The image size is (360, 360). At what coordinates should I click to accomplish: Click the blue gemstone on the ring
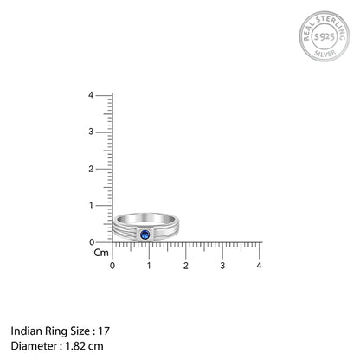[x=145, y=234]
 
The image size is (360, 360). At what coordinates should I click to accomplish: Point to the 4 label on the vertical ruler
[x=103, y=95]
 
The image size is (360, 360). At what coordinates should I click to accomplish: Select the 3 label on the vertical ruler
[x=103, y=132]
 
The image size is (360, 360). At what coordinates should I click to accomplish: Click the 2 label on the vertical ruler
[x=103, y=169]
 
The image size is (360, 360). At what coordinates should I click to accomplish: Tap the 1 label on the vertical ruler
[x=103, y=205]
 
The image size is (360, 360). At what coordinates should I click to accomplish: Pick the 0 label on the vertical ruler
[x=103, y=242]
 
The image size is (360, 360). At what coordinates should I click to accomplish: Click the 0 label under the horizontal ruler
[x=112, y=265]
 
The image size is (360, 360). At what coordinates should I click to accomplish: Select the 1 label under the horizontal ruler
[x=149, y=265]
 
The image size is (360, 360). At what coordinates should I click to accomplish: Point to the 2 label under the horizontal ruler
[x=186, y=265]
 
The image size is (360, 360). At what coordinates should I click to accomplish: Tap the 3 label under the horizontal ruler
[x=222, y=265]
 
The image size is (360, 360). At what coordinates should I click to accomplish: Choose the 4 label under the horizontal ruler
[x=260, y=265]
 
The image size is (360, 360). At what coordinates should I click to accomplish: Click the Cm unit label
[x=101, y=254]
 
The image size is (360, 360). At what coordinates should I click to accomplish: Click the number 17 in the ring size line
[x=105, y=331]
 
